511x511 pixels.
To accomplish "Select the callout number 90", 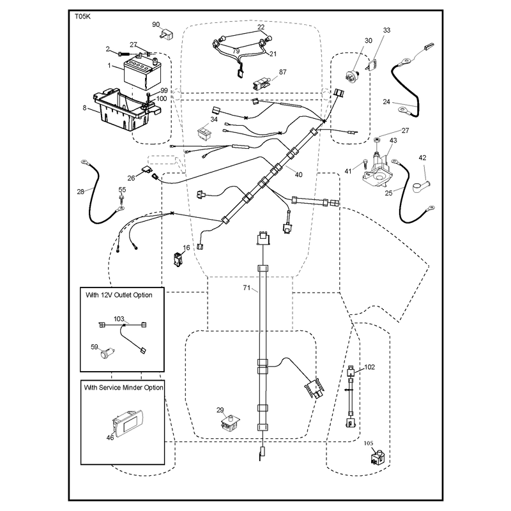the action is (156, 25).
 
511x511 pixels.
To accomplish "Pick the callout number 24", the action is (386, 102).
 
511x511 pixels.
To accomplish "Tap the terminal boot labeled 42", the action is (421, 187).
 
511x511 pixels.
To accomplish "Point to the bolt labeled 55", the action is (121, 201).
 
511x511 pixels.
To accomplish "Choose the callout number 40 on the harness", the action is (298, 174).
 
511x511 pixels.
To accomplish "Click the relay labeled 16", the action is (178, 259).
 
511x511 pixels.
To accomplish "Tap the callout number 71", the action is (247, 287).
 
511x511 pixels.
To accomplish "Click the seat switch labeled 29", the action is (231, 423).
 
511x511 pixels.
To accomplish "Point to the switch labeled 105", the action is (378, 457).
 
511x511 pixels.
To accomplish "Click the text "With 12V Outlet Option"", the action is (119, 295).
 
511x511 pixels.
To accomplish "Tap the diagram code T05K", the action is (83, 17).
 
